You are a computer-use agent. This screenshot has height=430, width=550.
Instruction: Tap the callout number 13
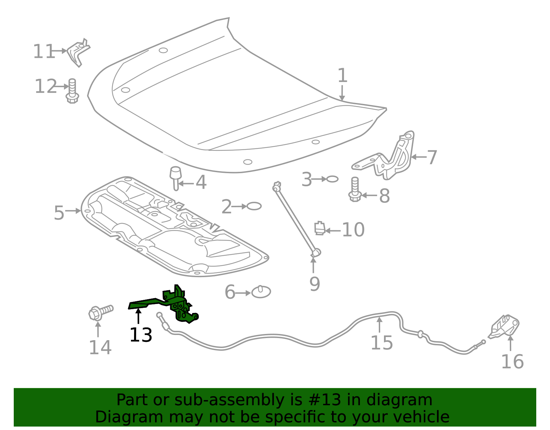[141, 335]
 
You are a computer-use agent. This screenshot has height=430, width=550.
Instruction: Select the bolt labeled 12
[72, 91]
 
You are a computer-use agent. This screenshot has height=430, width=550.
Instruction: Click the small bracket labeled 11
[78, 52]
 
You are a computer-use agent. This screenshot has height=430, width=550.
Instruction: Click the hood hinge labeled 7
[395, 158]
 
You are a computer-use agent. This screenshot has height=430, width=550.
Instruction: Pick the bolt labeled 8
[355, 190]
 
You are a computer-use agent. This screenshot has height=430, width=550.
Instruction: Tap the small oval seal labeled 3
[332, 179]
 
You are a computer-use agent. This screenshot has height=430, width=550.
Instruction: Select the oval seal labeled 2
[254, 206]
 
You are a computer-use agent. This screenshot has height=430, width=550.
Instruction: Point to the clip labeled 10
[320, 229]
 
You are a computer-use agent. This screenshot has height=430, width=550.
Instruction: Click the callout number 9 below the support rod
[315, 284]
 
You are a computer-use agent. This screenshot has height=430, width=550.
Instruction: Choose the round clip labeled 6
[261, 292]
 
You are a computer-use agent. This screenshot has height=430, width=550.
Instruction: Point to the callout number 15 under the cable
[382, 343]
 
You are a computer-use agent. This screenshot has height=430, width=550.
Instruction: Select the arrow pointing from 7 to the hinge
[418, 157]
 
